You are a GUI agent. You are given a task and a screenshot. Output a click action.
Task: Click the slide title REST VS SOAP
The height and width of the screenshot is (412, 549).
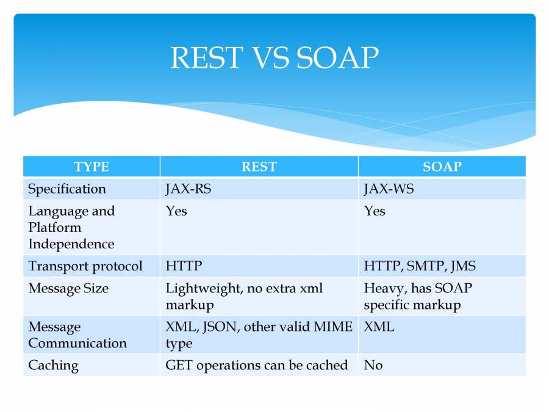tap(274, 58)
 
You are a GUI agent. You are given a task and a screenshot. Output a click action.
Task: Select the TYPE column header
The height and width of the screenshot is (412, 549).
tap(91, 167)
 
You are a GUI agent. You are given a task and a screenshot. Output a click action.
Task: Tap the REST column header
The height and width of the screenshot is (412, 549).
tap(259, 167)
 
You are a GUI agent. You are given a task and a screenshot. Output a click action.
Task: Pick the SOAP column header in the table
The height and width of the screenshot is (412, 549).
tap(442, 167)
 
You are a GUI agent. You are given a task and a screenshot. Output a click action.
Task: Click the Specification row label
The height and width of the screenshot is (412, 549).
tap(66, 189)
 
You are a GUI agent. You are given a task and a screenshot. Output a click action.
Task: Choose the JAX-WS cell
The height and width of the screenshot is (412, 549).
tap(389, 189)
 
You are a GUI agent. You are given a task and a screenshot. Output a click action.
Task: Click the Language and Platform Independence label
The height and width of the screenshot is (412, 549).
tap(71, 227)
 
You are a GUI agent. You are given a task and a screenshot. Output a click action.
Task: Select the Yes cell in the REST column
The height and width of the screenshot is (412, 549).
tap(176, 211)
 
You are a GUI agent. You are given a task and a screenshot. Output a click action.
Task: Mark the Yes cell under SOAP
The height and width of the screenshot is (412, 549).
tap(375, 211)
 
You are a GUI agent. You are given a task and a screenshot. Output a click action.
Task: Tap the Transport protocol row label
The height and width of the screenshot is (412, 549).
tap(85, 266)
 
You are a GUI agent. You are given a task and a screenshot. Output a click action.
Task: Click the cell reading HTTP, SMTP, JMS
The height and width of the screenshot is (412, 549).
tap(420, 266)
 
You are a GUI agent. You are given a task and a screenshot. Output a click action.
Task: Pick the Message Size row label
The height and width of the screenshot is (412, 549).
tap(68, 288)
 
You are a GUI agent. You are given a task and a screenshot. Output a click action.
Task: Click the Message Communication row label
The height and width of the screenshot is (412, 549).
tap(77, 334)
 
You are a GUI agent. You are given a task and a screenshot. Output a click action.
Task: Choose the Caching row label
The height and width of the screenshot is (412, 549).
tap(53, 365)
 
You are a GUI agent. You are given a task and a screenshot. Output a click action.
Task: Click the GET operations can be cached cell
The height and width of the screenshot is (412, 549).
tap(256, 365)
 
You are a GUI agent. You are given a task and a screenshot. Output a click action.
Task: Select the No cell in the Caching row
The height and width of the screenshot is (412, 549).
tap(373, 365)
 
